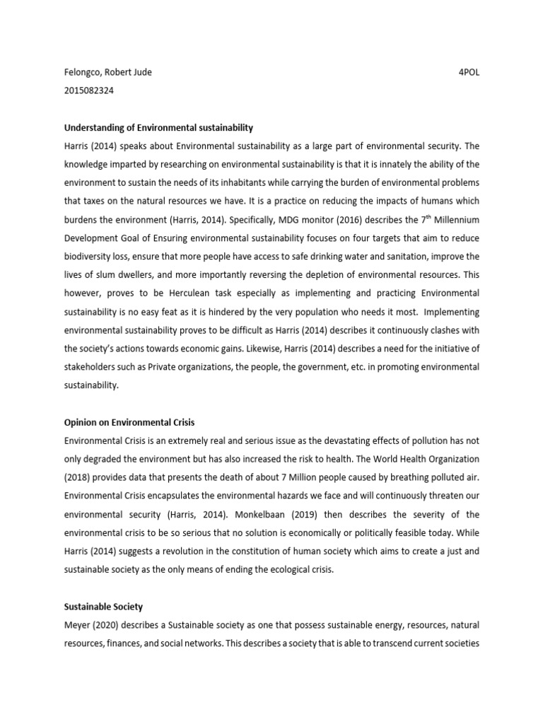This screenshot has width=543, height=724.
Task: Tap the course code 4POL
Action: tap(469, 73)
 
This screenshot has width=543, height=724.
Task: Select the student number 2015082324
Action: tap(90, 91)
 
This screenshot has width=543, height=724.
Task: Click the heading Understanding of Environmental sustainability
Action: tap(158, 128)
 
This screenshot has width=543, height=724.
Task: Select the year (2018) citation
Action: tap(79, 477)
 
